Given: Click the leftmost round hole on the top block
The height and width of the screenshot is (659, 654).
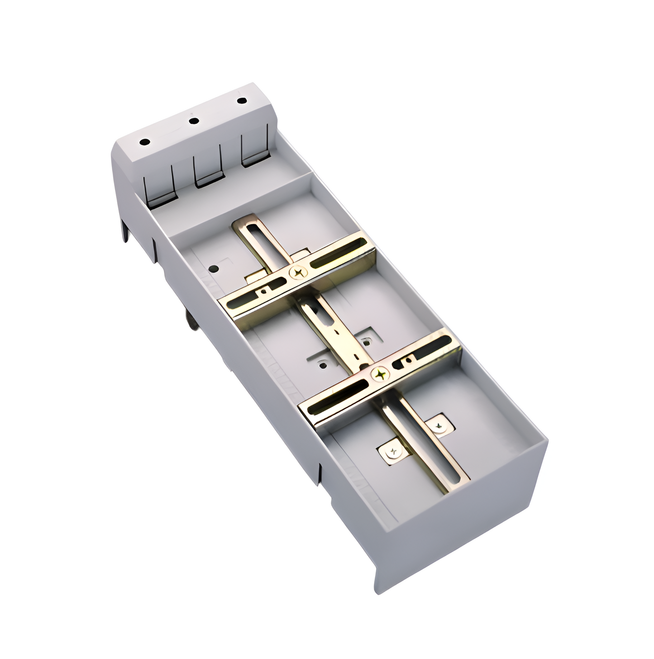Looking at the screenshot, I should (x=145, y=142).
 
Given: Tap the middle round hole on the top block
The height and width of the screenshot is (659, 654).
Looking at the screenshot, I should (x=194, y=121).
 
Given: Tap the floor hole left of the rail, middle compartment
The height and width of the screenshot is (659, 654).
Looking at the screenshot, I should (x=322, y=364).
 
